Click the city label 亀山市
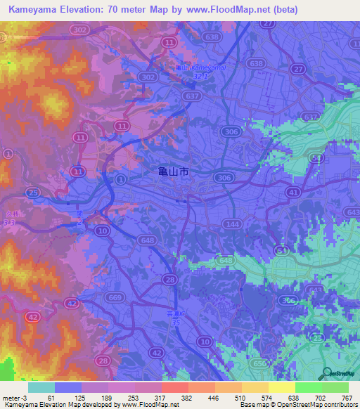pyautogui.click(x=173, y=172)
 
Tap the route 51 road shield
pyautogui.click(x=282, y=249)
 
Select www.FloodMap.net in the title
pyautogui.click(x=224, y=10)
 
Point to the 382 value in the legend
pyautogui.click(x=168, y=398)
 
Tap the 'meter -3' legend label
pyautogui.click(x=15, y=398)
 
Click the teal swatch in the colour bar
pyautogui.click(x=41, y=387)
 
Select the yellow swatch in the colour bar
pyautogui.click(x=282, y=387)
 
